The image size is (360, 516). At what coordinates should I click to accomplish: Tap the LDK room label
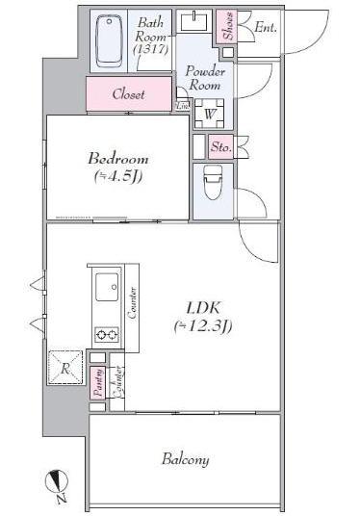click(x=201, y=308)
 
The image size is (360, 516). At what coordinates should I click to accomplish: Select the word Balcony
click(x=185, y=459)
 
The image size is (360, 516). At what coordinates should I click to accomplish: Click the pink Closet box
click(x=128, y=94)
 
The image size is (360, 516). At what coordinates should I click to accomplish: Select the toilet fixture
click(x=212, y=180)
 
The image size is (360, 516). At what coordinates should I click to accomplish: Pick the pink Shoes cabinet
click(x=227, y=28)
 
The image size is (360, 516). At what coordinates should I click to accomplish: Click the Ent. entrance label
click(x=266, y=28)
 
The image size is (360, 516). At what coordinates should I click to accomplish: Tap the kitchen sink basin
click(x=106, y=288)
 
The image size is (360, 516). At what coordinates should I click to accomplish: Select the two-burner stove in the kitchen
click(x=105, y=335)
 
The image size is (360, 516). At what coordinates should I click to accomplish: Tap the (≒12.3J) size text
click(x=202, y=326)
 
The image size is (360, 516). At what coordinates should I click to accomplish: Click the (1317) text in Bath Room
click(x=148, y=48)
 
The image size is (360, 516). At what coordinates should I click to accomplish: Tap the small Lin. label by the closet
click(x=183, y=105)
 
